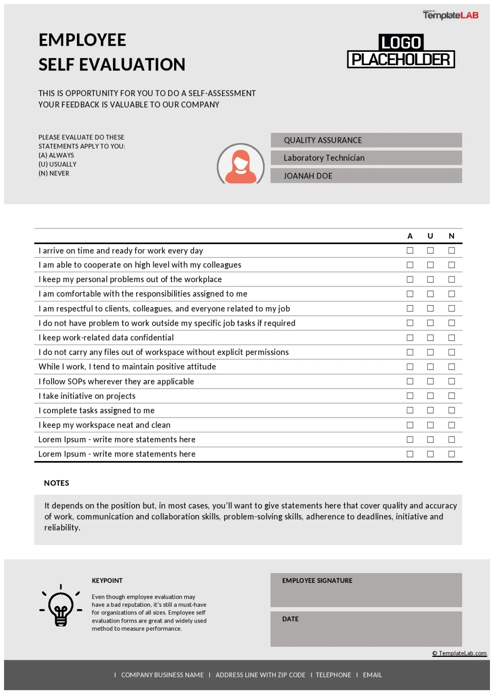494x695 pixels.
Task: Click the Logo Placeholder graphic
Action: (x=401, y=51)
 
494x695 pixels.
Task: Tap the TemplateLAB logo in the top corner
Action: (x=450, y=15)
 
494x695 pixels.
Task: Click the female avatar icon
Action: (x=241, y=164)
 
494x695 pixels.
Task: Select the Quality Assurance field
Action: (x=366, y=140)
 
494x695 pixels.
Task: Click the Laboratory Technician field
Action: (x=366, y=158)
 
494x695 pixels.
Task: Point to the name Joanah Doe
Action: (x=308, y=176)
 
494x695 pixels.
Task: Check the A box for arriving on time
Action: (x=410, y=251)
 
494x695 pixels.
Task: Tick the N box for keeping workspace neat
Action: (x=451, y=425)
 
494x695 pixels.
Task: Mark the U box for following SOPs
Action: (x=430, y=381)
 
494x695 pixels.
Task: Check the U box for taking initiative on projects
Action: (x=430, y=396)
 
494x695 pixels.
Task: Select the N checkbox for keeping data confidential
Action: (x=451, y=338)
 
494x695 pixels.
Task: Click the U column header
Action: (x=430, y=236)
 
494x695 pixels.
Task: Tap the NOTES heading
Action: (x=57, y=483)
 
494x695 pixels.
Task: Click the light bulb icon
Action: (x=61, y=606)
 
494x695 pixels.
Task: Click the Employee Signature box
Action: (x=366, y=590)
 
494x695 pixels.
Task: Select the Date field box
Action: (x=366, y=629)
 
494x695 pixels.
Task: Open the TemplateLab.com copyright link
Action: (x=460, y=653)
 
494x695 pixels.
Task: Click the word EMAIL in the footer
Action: (x=372, y=675)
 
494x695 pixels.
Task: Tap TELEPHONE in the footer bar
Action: (x=333, y=675)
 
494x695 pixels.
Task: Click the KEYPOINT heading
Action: (x=107, y=580)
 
